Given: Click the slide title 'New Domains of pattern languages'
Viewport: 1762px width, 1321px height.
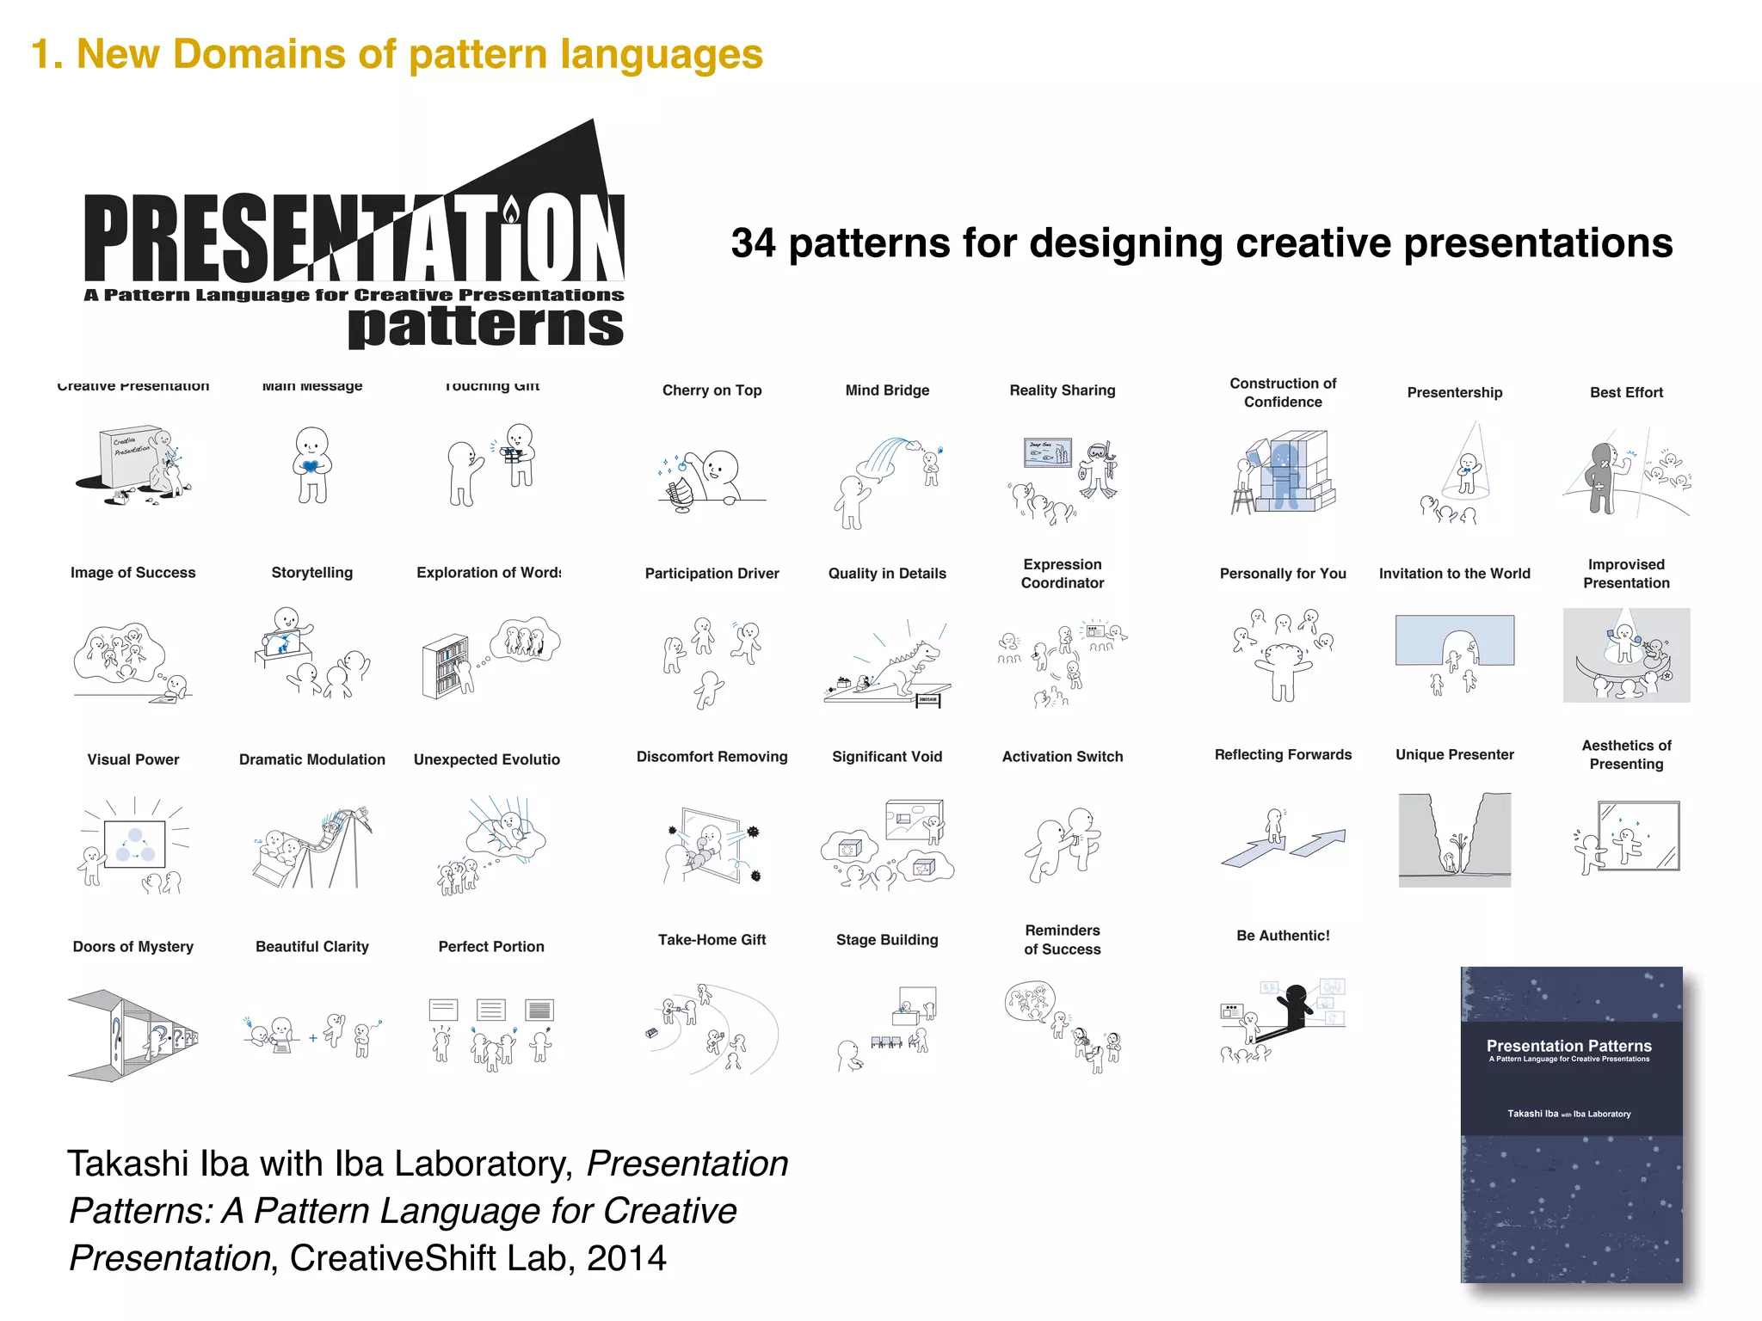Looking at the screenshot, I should (x=419, y=54).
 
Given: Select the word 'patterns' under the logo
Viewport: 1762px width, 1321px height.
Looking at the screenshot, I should (x=485, y=327).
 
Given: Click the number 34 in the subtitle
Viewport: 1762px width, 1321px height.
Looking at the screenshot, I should (x=754, y=243).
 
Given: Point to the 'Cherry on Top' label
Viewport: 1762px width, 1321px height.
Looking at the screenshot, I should (x=712, y=390).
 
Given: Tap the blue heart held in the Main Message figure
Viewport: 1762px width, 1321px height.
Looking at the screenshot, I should (x=311, y=465).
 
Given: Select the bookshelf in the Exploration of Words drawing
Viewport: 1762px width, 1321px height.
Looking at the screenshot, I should (x=445, y=667).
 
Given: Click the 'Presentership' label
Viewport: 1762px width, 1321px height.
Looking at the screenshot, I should (x=1454, y=393).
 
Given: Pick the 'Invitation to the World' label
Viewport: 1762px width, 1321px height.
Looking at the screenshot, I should (x=1454, y=574).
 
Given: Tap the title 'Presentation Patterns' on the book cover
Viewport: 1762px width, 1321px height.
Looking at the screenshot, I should (x=1568, y=1046).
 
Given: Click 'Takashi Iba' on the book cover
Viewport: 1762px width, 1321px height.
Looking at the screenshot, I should (x=1532, y=1114).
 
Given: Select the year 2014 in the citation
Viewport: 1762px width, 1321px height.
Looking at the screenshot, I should (x=626, y=1258).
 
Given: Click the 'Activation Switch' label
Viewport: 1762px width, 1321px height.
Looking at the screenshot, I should (x=1062, y=757).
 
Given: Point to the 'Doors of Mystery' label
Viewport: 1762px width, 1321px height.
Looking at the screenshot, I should (x=133, y=947).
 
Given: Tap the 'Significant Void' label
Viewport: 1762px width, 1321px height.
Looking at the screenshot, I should (x=887, y=757).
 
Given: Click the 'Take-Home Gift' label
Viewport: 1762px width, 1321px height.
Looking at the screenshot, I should (x=712, y=940).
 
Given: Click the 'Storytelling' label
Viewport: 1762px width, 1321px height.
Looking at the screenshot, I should (x=311, y=573).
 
